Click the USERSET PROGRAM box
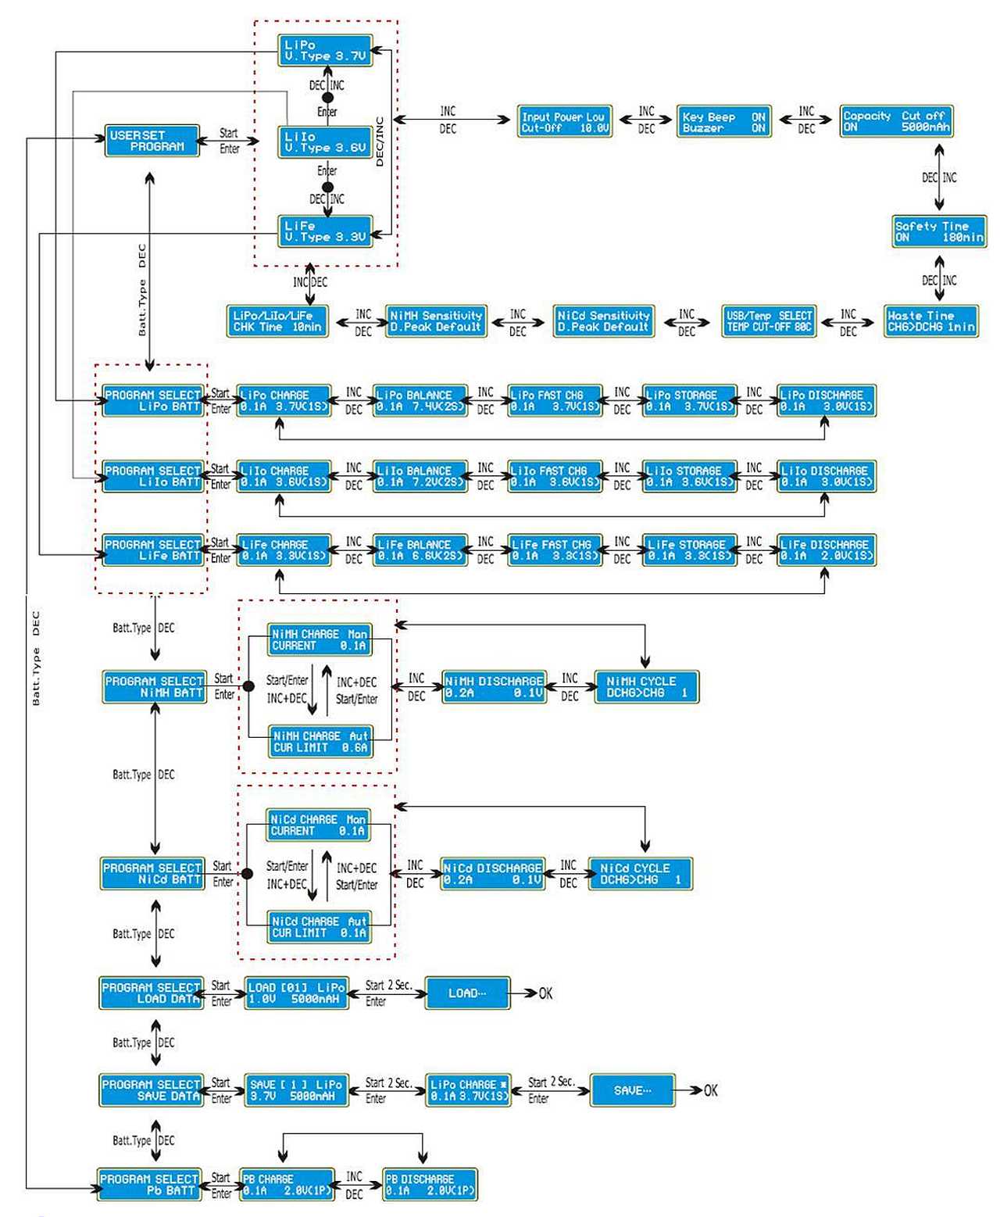point(152,141)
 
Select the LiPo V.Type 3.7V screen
point(325,51)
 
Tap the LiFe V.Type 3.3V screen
point(325,231)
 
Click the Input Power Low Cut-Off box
point(564,122)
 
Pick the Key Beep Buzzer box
point(723,122)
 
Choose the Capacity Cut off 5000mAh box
point(895,121)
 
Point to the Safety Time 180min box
point(938,231)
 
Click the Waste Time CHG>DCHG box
point(930,321)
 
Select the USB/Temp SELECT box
point(769,321)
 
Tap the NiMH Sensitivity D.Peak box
point(436,321)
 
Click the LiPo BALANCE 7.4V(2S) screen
point(420,401)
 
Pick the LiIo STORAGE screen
point(688,477)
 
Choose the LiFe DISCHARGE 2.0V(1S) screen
point(826,550)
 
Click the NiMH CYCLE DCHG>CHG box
point(646,687)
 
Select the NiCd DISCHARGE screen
point(492,874)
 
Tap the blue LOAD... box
point(467,993)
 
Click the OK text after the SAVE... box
point(710,1090)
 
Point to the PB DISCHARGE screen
point(430,1185)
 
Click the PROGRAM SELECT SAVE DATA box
point(152,1090)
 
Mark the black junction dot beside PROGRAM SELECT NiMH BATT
point(248,686)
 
